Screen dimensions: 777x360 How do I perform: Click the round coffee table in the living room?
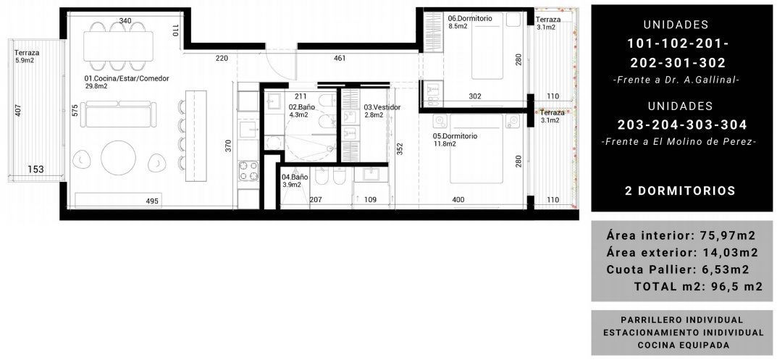coord(119,158)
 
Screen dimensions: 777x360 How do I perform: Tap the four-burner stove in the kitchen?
coord(248,170)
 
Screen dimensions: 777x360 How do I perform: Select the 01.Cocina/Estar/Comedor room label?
coord(126,78)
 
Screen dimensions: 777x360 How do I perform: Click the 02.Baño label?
coord(298,106)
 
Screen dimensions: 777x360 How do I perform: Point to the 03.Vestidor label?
coord(382,107)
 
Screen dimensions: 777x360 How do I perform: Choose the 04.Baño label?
coord(295,177)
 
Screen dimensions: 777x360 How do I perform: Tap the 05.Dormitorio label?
coord(455,136)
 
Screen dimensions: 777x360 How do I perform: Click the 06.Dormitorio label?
coord(470,18)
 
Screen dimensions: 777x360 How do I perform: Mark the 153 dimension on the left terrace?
coord(35,169)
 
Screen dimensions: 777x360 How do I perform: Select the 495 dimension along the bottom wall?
coord(152,201)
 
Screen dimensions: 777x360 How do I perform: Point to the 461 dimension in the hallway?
coord(340,58)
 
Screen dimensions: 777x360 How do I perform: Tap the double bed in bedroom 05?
coord(477,148)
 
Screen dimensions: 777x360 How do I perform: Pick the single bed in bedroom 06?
coord(494,46)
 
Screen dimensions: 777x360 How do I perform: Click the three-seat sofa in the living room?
coord(119,114)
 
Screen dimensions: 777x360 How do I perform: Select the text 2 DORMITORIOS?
coord(680,191)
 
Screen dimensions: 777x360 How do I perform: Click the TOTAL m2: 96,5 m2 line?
coord(698,287)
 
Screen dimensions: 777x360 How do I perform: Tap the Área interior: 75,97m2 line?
coord(681,235)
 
